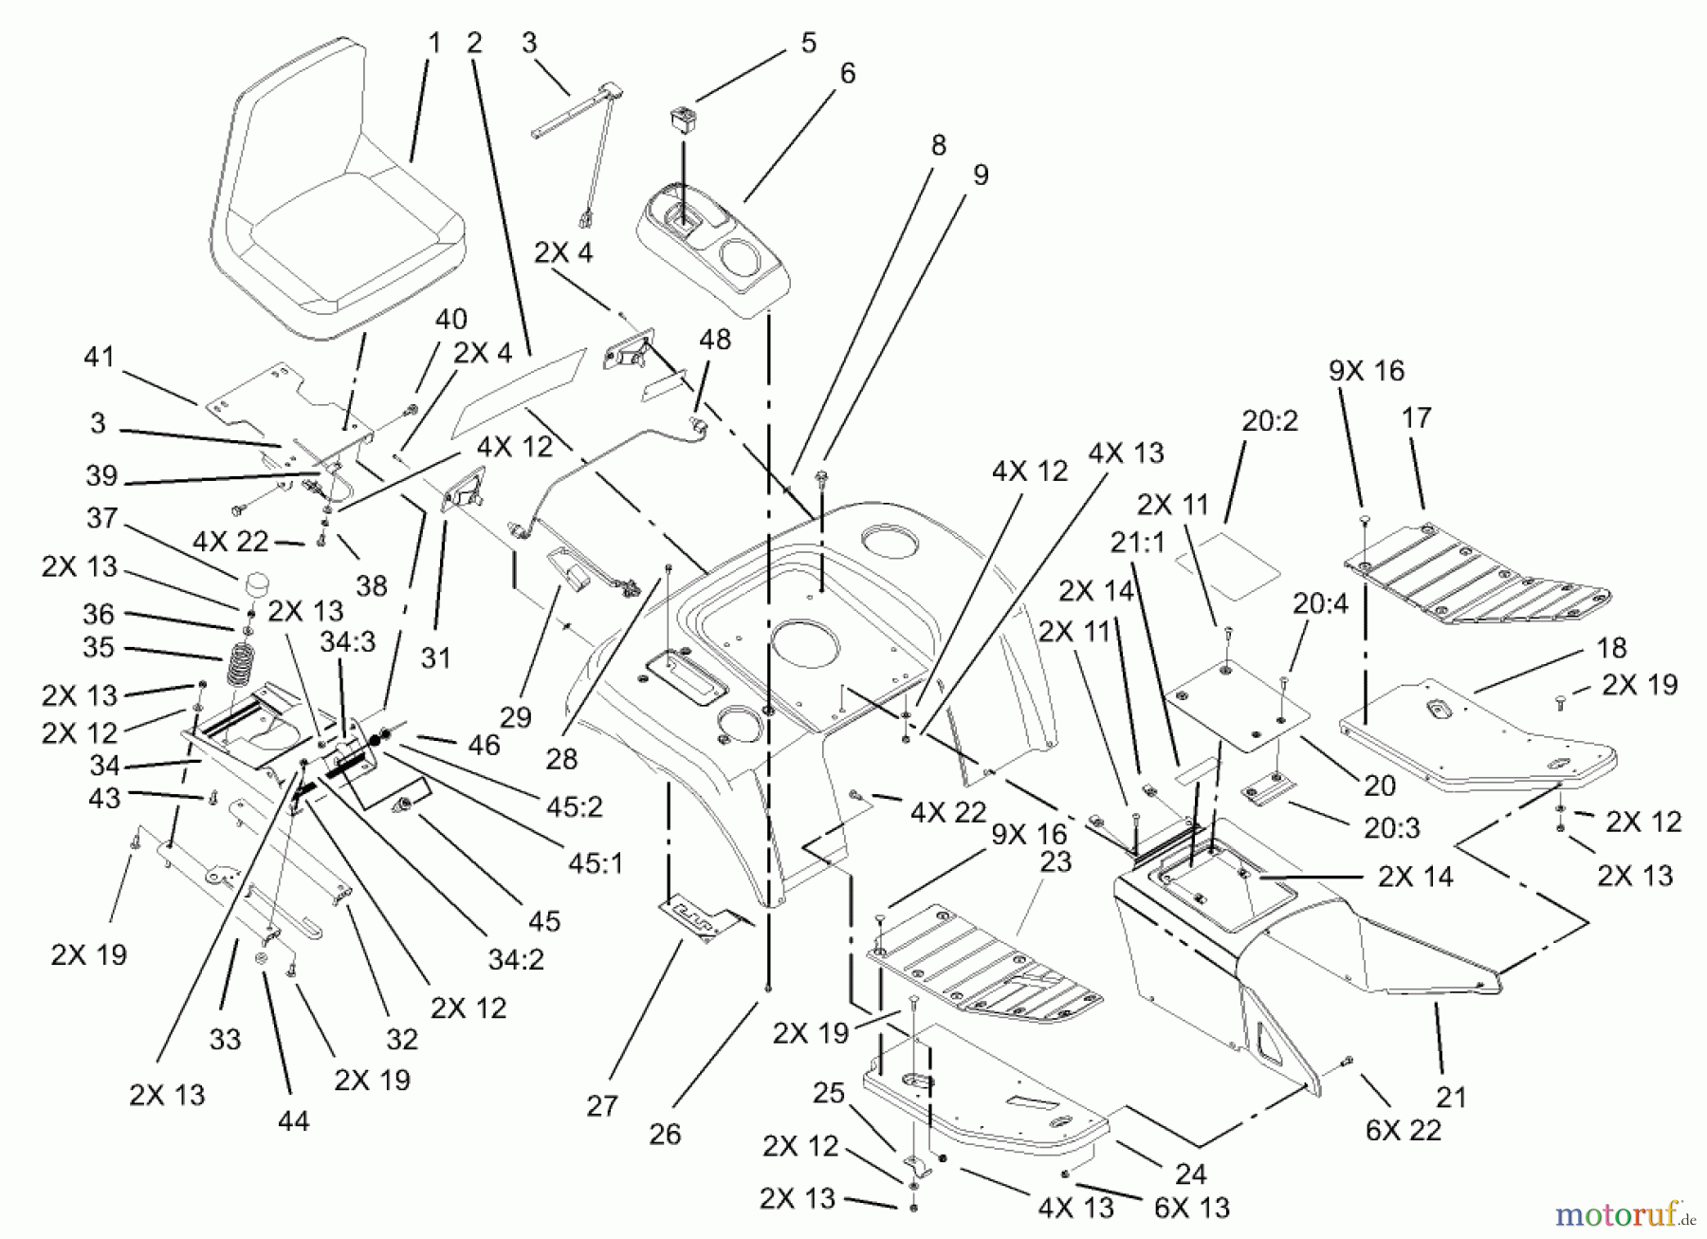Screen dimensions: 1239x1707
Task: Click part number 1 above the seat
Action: (434, 43)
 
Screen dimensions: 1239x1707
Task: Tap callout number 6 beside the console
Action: (847, 73)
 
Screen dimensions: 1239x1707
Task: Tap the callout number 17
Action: (1416, 417)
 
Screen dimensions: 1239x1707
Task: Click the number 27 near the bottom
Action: (602, 1106)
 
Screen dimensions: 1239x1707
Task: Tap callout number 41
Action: (99, 358)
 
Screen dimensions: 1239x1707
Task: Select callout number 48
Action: (715, 340)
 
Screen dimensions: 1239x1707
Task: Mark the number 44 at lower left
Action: (293, 1121)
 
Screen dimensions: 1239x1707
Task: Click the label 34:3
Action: (346, 642)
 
